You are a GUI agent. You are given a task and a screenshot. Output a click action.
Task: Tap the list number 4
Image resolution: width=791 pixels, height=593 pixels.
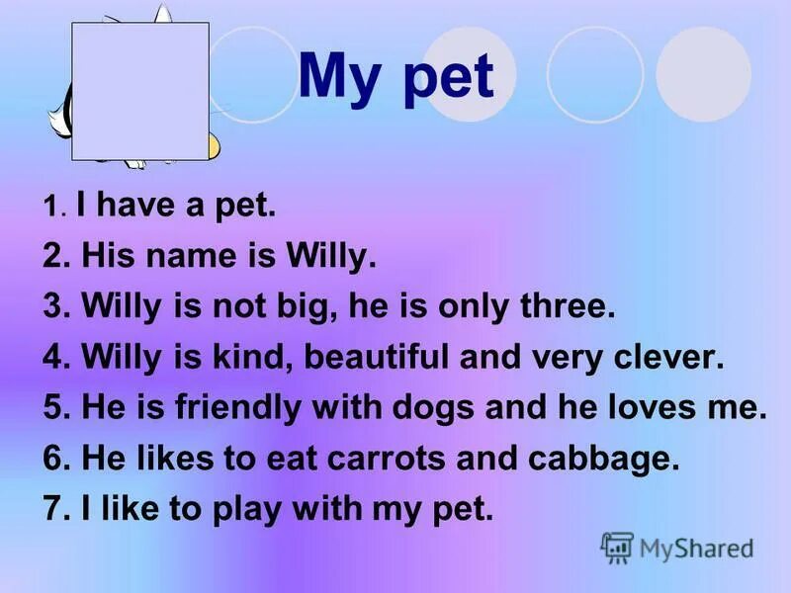click(54, 357)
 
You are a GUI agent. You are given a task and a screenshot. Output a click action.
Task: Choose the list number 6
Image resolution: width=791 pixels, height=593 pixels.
click(54, 459)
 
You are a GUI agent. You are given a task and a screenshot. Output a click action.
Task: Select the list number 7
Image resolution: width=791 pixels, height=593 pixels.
click(54, 510)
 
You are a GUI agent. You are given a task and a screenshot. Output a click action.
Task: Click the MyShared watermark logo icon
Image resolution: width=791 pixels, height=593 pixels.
click(617, 548)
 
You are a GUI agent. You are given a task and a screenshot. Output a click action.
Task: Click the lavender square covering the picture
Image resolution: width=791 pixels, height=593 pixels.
click(140, 91)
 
